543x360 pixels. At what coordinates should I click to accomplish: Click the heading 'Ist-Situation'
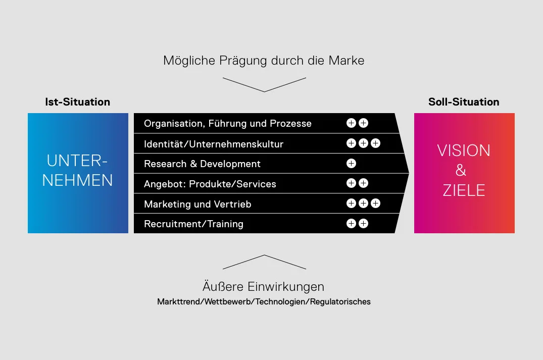[x=78, y=102]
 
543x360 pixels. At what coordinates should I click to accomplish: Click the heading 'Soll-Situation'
[x=464, y=102]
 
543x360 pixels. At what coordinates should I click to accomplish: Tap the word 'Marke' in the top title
[x=347, y=61]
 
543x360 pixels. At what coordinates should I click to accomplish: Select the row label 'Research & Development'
[x=202, y=164]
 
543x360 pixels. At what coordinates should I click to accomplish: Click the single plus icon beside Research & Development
[x=351, y=164]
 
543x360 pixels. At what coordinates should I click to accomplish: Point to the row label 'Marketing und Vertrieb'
[x=198, y=204]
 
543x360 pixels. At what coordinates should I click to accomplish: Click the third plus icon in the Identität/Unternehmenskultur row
[x=375, y=143]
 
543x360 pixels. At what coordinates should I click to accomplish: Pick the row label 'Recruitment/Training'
[x=193, y=224]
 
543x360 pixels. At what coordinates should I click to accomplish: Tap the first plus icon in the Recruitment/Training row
[x=351, y=224]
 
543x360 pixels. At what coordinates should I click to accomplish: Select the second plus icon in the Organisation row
[x=363, y=123]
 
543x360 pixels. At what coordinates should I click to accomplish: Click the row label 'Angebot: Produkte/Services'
[x=210, y=184]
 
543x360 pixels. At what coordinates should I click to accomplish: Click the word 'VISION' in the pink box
[x=464, y=150]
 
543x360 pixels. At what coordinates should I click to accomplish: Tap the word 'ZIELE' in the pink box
[x=464, y=190]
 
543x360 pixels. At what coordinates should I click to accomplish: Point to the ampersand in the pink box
[x=461, y=170]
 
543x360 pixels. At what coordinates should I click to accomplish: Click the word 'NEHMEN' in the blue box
[x=78, y=180]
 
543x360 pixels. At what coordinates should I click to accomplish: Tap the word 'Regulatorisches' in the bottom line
[x=340, y=301]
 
